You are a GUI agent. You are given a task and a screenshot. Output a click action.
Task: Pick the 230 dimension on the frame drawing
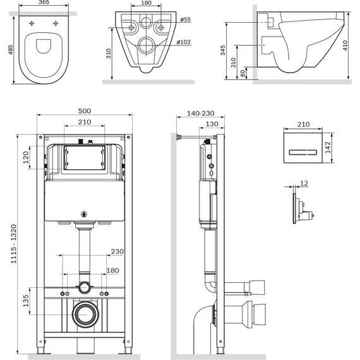tap(116, 252)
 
